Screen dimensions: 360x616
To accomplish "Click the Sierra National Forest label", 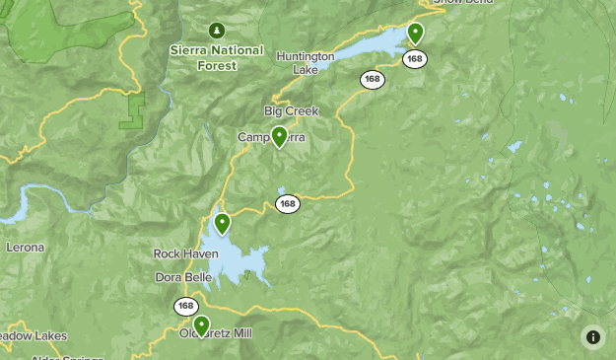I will tap(217, 57).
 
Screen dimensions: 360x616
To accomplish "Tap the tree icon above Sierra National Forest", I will tap(218, 29).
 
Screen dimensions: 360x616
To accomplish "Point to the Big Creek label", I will tap(292, 110).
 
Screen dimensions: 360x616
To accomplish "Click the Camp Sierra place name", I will tap(271, 137).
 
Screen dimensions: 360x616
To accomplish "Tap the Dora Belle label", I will tap(184, 277).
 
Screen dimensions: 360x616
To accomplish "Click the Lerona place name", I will tap(25, 247).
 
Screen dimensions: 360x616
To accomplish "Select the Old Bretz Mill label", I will tap(216, 333).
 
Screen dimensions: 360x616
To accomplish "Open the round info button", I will tap(593, 337).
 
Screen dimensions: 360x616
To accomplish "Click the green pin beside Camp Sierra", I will tap(280, 136).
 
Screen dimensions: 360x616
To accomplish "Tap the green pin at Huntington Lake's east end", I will tap(415, 33).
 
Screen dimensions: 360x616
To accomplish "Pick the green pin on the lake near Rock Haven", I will tap(223, 223).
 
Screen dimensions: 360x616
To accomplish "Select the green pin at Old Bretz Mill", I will tap(202, 324).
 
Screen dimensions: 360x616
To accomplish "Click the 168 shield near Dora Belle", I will tap(186, 307).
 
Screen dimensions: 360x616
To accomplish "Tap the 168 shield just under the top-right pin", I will tap(415, 59).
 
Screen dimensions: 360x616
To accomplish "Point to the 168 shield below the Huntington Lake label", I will tap(372, 80).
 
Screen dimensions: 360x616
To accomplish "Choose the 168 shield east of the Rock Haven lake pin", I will tap(287, 204).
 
